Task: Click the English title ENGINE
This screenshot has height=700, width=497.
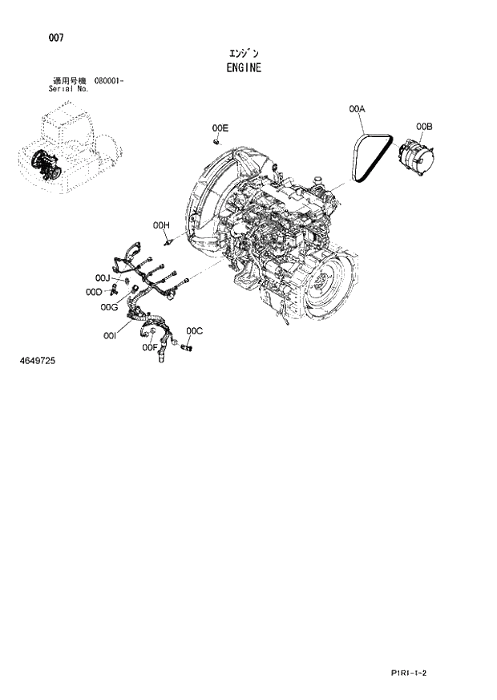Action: [244, 68]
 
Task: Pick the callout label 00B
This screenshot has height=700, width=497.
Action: [425, 126]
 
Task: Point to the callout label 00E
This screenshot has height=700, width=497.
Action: [220, 127]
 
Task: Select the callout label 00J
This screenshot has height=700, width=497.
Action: [101, 277]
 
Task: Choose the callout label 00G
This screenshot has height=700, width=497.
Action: [110, 306]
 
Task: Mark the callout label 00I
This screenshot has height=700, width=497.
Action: [111, 338]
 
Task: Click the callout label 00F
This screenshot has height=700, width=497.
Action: [149, 347]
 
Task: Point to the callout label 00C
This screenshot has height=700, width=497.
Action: [195, 330]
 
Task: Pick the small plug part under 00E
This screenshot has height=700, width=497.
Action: [217, 141]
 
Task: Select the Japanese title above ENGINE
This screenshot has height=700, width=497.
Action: [244, 53]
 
